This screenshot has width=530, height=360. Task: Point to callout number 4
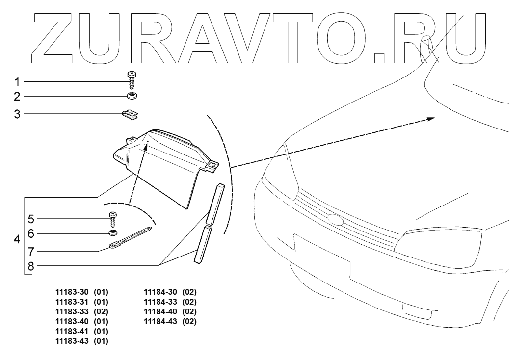[17, 240]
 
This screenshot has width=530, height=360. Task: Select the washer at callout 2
[131, 95]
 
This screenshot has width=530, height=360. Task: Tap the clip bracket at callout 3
[130, 114]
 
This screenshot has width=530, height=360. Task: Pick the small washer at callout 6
[113, 232]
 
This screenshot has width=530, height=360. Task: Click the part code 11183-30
[72, 292]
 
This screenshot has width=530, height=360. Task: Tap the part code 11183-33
[72, 312]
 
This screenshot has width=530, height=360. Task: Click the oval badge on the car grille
[335, 219]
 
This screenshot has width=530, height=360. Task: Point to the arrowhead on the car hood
[430, 118]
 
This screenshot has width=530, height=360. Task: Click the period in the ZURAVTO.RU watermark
[381, 58]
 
